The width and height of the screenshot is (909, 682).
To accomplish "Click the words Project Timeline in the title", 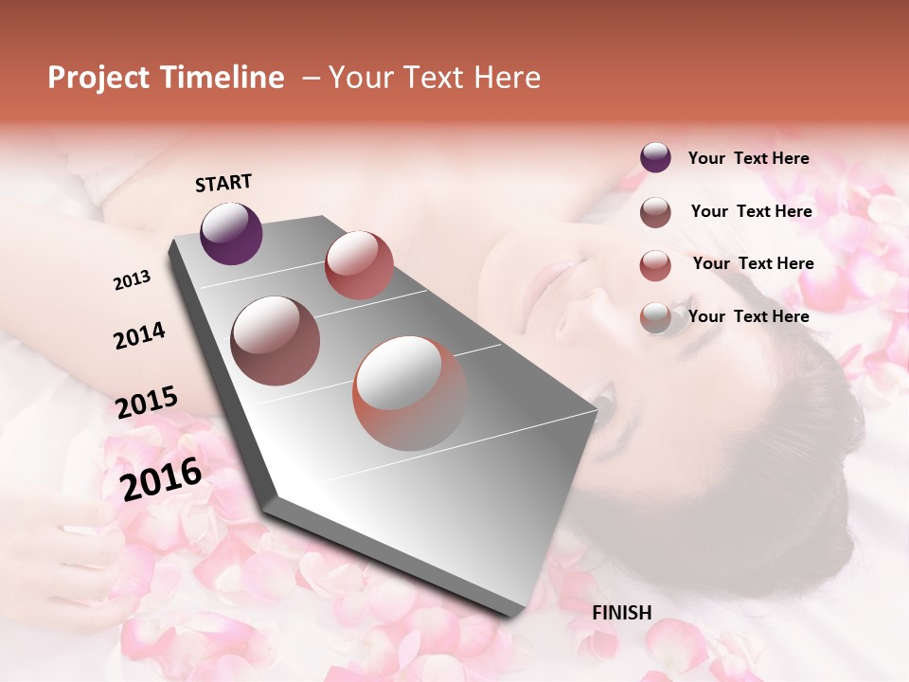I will (x=166, y=78).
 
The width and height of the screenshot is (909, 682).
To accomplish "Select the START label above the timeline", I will (x=223, y=183).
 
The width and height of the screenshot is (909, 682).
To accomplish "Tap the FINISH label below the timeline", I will (x=621, y=613).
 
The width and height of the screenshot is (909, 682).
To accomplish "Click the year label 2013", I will (x=132, y=280).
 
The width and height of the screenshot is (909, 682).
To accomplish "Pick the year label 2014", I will (x=139, y=335).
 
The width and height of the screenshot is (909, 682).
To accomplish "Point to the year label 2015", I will (x=146, y=402).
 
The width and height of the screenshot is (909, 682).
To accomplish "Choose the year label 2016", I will (x=161, y=479).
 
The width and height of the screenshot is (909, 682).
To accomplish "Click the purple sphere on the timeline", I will (x=231, y=233).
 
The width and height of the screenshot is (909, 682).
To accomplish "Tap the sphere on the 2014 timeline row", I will (x=275, y=340).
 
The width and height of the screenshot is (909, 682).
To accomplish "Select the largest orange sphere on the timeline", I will (x=409, y=393).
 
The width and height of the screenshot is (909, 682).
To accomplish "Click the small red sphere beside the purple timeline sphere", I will (x=359, y=264).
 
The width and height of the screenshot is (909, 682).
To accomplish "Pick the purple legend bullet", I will (x=655, y=158).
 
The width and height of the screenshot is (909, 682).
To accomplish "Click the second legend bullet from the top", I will (x=655, y=211).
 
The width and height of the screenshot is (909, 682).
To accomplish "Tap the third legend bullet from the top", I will (x=655, y=264).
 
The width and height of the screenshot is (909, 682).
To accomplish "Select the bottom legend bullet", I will (x=655, y=317).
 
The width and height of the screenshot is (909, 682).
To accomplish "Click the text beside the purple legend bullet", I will (x=748, y=158).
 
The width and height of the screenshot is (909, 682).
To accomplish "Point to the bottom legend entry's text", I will (x=748, y=316).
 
